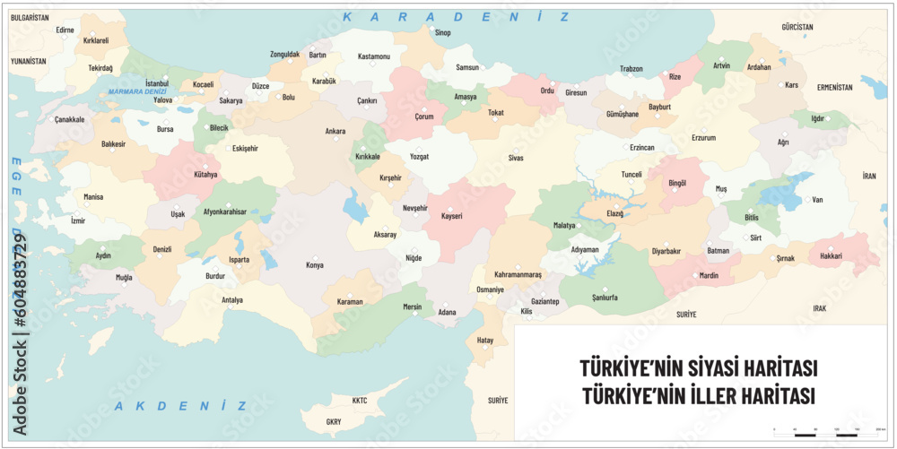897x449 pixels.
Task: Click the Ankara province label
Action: click(x=335, y=132)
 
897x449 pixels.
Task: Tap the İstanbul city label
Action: click(x=157, y=83)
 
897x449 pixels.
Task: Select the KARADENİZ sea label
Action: click(x=457, y=17)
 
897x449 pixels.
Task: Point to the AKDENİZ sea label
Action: click(x=180, y=406)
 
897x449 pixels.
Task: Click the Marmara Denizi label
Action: click(x=136, y=92)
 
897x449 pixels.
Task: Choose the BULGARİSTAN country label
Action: click(x=29, y=18)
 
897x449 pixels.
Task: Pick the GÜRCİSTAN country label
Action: click(x=797, y=28)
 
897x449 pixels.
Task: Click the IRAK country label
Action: click(x=819, y=308)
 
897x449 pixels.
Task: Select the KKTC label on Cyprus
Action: click(x=360, y=401)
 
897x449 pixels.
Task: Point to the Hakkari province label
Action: click(x=831, y=256)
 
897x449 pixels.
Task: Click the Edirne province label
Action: click(x=65, y=30)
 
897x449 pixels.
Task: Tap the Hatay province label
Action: click(x=485, y=341)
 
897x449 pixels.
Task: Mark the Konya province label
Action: click(x=314, y=265)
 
